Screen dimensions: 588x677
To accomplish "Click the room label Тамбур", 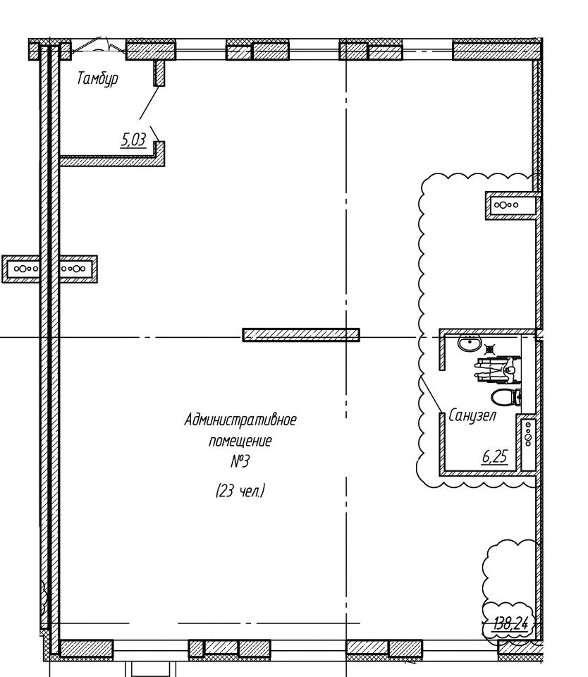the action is pyautogui.click(x=97, y=79).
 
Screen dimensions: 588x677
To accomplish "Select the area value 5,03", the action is pyautogui.click(x=134, y=140).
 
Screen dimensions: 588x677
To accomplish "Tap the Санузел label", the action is pyautogui.click(x=472, y=416).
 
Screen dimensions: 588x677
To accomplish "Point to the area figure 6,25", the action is pyautogui.click(x=495, y=456).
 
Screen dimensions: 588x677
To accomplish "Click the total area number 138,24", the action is pyautogui.click(x=513, y=623).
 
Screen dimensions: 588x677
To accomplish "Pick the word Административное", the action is pyautogui.click(x=240, y=420).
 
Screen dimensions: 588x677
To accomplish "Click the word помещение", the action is pyautogui.click(x=240, y=441).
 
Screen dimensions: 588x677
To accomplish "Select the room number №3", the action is pyautogui.click(x=240, y=462).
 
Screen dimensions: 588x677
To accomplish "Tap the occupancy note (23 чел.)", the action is pyautogui.click(x=240, y=491).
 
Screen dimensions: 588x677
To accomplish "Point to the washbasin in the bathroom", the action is pyautogui.click(x=470, y=343).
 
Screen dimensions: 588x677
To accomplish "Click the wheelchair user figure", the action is pyautogui.click(x=498, y=370).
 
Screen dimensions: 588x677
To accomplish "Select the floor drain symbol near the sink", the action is pyautogui.click(x=490, y=348).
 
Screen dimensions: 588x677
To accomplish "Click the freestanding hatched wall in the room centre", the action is pyautogui.click(x=301, y=334).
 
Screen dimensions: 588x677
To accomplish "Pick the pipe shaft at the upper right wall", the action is pyautogui.click(x=513, y=205).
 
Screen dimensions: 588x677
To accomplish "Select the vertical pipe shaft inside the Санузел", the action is pyautogui.click(x=528, y=443).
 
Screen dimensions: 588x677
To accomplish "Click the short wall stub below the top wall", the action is pyautogui.click(x=159, y=73).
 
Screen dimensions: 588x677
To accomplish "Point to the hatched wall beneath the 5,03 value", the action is pyautogui.click(x=112, y=161).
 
